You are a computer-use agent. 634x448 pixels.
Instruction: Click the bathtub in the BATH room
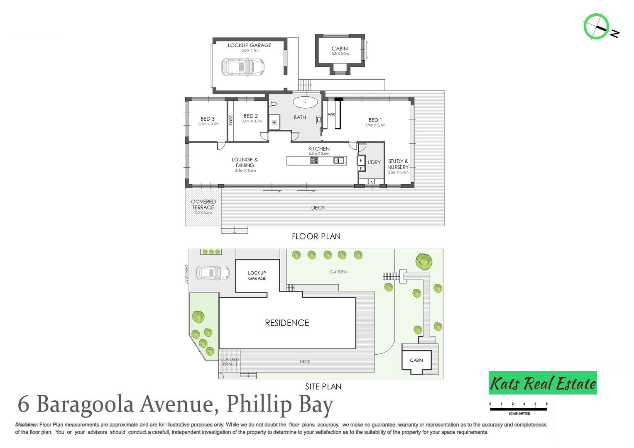[305, 102]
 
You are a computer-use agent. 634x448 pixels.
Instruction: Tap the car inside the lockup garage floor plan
[242, 67]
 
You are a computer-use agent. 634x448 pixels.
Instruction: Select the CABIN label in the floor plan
[340, 49]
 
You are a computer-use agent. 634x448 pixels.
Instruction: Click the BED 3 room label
[208, 119]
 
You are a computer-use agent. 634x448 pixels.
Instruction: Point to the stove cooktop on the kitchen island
[314, 161]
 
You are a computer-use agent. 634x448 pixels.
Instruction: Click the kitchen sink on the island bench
[339, 161]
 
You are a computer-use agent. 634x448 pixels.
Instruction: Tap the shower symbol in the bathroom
[274, 122]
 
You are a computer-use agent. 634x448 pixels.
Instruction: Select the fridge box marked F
[361, 161]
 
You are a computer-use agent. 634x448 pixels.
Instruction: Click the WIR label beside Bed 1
[331, 114]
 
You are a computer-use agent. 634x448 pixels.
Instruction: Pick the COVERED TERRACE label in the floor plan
[203, 205]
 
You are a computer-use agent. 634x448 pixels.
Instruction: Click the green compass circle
[596, 26]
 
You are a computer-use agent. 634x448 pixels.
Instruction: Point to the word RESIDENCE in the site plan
[287, 323]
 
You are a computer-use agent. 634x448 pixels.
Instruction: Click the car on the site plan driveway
[212, 273]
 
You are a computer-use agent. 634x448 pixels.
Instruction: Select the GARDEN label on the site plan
[338, 272]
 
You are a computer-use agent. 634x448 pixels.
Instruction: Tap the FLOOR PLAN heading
[316, 236]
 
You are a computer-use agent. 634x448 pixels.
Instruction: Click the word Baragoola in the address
[85, 404]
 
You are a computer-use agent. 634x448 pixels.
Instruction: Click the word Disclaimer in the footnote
[27, 425]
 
